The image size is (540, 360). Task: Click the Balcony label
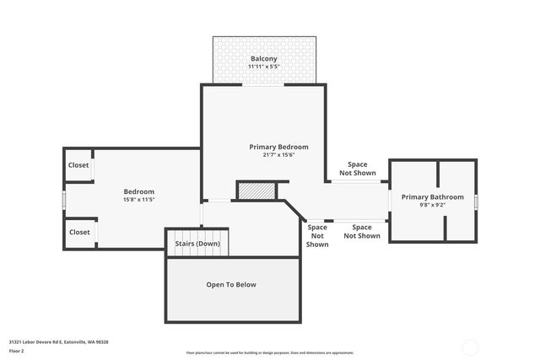click(x=264, y=59)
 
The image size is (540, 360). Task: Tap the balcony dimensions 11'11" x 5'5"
click(x=264, y=67)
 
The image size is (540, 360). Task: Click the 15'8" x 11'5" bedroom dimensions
click(x=139, y=200)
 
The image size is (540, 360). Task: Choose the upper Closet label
click(x=79, y=165)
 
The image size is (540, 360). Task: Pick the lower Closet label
click(x=79, y=232)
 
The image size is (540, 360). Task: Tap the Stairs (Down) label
click(x=197, y=244)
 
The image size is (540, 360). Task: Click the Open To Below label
click(x=231, y=284)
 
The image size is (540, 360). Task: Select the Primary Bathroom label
click(x=432, y=196)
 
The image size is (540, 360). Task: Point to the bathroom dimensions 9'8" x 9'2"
click(x=432, y=204)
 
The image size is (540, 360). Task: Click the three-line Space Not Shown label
click(x=317, y=236)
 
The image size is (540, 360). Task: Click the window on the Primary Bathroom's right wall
click(x=477, y=201)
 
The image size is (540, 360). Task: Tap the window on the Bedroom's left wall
click(x=64, y=199)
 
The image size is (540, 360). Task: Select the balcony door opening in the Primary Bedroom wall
click(x=262, y=84)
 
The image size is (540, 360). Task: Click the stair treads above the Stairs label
click(x=197, y=234)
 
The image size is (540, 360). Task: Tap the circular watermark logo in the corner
click(x=469, y=347)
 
